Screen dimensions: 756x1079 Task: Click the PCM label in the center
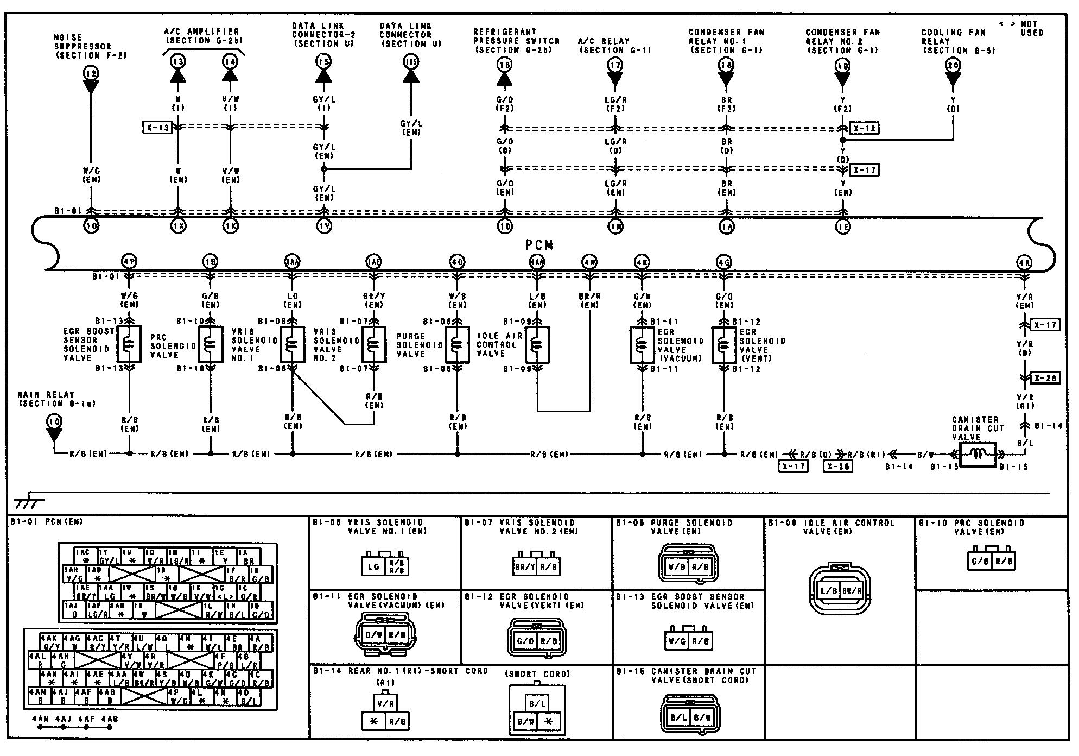[x=540, y=245]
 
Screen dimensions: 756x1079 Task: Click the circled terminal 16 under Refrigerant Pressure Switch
[x=504, y=66]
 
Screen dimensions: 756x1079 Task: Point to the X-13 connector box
[x=157, y=128]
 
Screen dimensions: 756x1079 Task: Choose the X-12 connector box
[x=864, y=129]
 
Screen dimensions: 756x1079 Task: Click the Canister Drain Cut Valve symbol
[x=978, y=454]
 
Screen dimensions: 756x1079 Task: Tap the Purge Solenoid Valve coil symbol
[x=457, y=345]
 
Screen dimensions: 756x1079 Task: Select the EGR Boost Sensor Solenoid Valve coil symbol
[x=129, y=344]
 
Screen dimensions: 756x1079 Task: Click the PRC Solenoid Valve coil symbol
[x=211, y=344]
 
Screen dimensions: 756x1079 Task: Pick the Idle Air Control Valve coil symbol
[x=537, y=344]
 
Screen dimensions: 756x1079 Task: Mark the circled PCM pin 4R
[x=1024, y=263]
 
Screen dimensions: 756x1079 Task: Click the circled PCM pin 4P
[x=129, y=262]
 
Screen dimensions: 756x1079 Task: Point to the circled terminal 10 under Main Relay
[x=54, y=421]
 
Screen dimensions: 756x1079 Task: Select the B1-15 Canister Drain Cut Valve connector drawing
[x=690, y=717]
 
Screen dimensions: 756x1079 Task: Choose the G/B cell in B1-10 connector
[x=980, y=561]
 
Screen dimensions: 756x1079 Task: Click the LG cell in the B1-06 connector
[x=373, y=567]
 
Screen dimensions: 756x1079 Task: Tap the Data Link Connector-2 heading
[x=323, y=34]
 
